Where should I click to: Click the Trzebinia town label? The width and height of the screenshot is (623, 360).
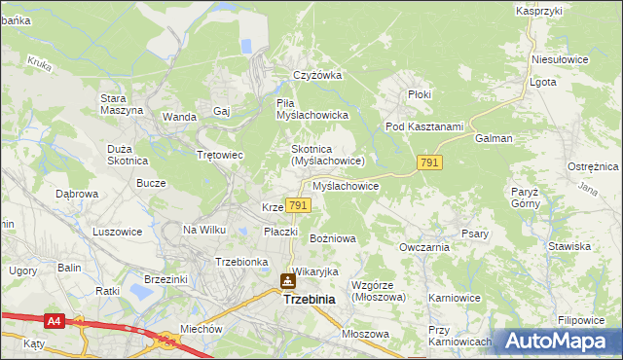(309, 300)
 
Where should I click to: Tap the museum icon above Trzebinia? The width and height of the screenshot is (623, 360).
(288, 282)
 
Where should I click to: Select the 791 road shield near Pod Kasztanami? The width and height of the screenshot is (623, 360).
(430, 163)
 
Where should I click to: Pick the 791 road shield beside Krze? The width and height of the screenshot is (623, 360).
(299, 205)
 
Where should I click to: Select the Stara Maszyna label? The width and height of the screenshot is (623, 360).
(122, 103)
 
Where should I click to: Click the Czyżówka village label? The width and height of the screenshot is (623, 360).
(314, 75)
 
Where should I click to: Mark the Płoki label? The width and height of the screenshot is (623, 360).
(419, 94)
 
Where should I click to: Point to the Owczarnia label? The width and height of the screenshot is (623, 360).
(423, 247)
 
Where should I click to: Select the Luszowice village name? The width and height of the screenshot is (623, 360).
(117, 232)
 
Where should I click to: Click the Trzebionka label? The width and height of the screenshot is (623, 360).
(241, 262)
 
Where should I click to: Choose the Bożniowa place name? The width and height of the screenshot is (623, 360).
(332, 237)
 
